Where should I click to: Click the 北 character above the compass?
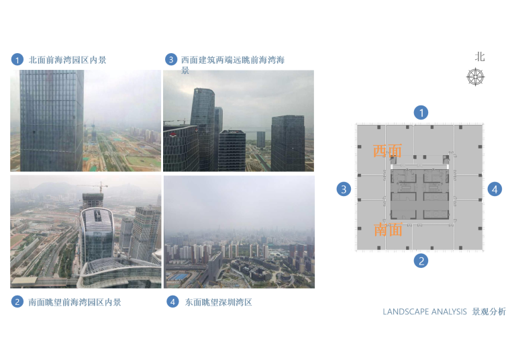click(x=479, y=57)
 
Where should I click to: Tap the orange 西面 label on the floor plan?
click(x=387, y=151)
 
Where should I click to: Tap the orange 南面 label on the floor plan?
click(x=389, y=230)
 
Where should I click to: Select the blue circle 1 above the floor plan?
click(x=421, y=113)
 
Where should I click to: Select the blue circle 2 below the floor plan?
click(x=421, y=261)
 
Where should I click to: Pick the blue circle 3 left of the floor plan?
click(x=344, y=189)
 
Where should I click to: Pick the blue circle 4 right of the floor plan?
click(x=495, y=189)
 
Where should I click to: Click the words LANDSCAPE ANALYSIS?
click(x=424, y=312)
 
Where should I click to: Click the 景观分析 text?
click(x=489, y=312)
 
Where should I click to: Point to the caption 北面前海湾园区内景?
click(x=67, y=60)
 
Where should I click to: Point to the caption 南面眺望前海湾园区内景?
click(x=74, y=302)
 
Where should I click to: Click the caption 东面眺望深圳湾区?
click(x=218, y=302)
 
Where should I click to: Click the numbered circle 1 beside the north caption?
click(x=17, y=60)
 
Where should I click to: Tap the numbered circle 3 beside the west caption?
click(x=171, y=60)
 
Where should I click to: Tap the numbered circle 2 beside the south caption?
click(x=17, y=302)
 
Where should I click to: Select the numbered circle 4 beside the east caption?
click(x=172, y=302)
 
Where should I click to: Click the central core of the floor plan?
click(x=419, y=193)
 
